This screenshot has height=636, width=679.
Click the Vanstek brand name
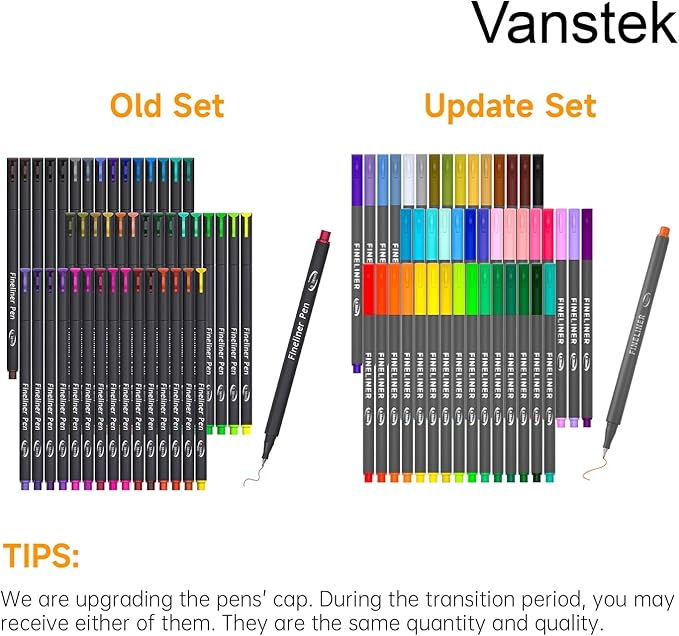pos(574,25)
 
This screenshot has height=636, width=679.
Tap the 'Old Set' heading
pos(167,105)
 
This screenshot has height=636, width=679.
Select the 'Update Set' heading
pos(510,105)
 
